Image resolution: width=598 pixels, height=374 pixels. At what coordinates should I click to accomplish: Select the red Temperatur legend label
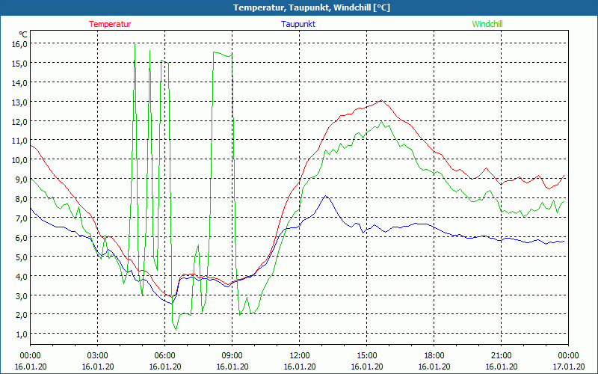click(x=110, y=24)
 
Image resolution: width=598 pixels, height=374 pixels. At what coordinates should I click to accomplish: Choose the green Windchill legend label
click(x=487, y=24)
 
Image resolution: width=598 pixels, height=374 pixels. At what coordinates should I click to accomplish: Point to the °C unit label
click(x=23, y=34)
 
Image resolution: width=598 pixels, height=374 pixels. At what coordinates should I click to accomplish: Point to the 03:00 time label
click(x=97, y=355)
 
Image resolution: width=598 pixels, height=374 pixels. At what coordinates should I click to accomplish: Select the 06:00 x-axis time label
click(x=164, y=355)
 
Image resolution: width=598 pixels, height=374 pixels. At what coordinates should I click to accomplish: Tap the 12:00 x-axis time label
click(x=299, y=355)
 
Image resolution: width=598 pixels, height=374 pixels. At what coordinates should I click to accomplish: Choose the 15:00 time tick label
click(x=366, y=355)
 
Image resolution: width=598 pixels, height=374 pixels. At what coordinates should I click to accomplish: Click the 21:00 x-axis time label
click(x=501, y=355)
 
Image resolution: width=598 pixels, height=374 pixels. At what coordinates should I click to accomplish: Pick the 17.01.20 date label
click(x=568, y=366)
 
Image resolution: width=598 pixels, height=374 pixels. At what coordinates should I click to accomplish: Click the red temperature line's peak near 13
click(x=381, y=100)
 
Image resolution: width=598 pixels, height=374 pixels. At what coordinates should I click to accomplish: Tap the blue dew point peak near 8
click(x=326, y=196)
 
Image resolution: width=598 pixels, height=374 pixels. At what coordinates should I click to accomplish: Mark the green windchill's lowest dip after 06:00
click(x=176, y=329)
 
